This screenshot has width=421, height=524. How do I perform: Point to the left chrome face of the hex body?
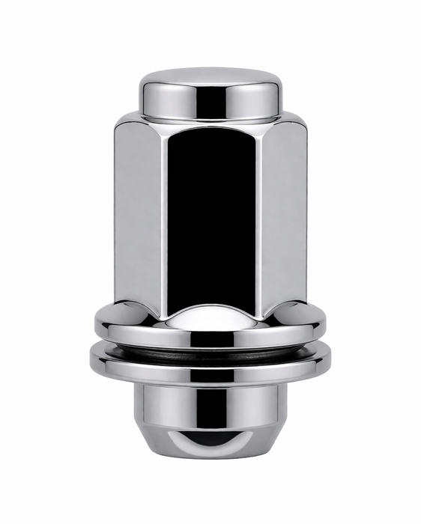pos(139,210)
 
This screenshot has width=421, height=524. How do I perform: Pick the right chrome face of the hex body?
pos(283,210)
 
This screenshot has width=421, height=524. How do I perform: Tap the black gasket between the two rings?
pos(210,347)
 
